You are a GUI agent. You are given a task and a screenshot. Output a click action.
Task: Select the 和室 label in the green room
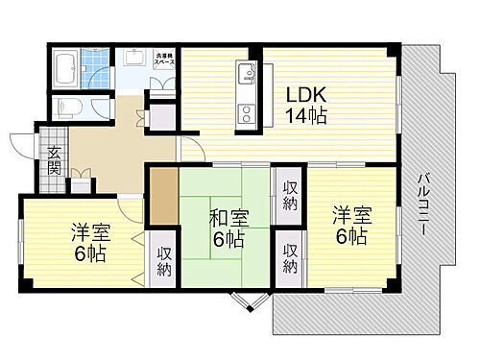click(230, 218)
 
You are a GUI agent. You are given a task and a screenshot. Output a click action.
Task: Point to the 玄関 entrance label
click(53, 160)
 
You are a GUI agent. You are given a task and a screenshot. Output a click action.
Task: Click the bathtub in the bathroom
click(66, 67)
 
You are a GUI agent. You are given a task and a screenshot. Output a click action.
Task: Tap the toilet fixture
click(66, 106)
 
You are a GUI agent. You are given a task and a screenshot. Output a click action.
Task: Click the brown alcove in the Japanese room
click(162, 196)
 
